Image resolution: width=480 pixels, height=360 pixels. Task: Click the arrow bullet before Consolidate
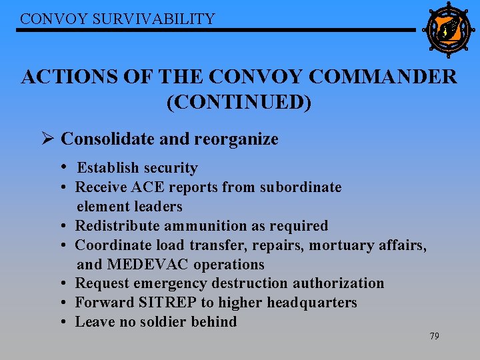(47, 139)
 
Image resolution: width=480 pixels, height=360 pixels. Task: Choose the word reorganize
(236, 139)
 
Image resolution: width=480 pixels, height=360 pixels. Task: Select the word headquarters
(312, 303)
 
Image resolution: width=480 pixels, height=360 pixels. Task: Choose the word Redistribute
(117, 226)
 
